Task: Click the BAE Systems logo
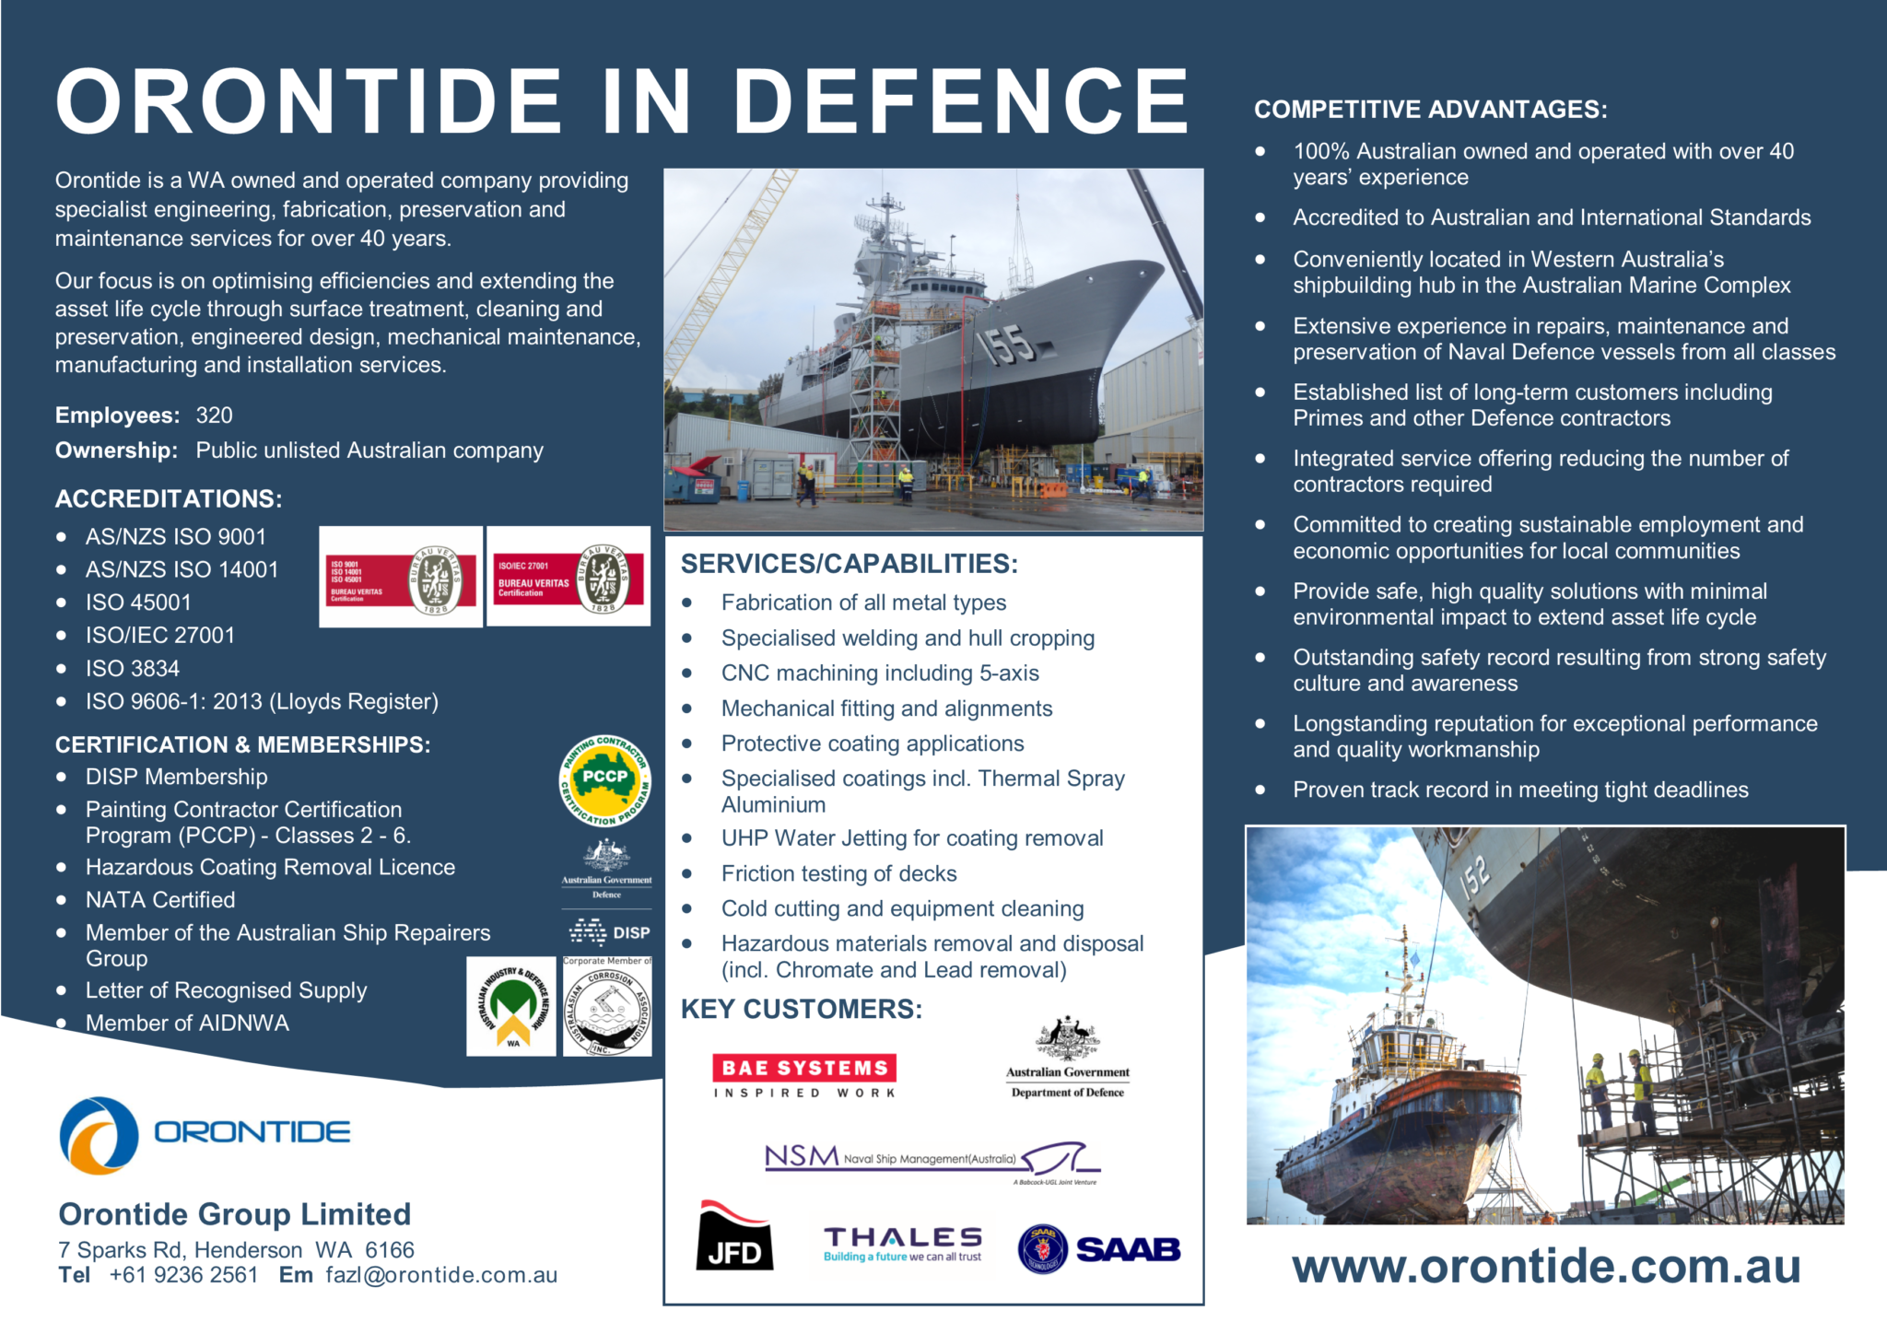[x=803, y=1075]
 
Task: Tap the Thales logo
[x=902, y=1244]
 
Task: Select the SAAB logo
[x=1099, y=1249]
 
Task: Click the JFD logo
[x=734, y=1237]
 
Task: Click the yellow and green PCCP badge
[x=605, y=780]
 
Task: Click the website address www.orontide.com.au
[x=1545, y=1267]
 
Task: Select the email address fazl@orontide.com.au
[x=441, y=1275]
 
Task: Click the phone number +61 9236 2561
[x=183, y=1275]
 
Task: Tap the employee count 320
[x=214, y=415]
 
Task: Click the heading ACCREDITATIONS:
[x=169, y=499]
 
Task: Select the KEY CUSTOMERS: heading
[x=801, y=1010]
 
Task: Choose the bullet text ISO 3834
[x=133, y=669]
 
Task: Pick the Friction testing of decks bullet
[x=838, y=873]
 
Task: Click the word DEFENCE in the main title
[x=961, y=101]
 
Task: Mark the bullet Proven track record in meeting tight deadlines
[x=1520, y=790]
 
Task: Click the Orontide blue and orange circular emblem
[x=99, y=1135]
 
